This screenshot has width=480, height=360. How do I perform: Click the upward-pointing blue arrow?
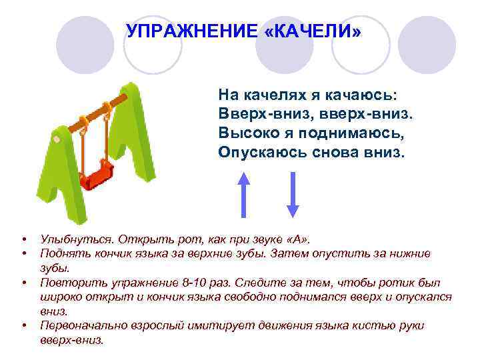pyautogui.click(x=244, y=193)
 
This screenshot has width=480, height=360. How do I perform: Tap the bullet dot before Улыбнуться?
pyautogui.click(x=23, y=239)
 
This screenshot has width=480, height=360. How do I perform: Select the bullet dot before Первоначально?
pyautogui.click(x=23, y=326)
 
